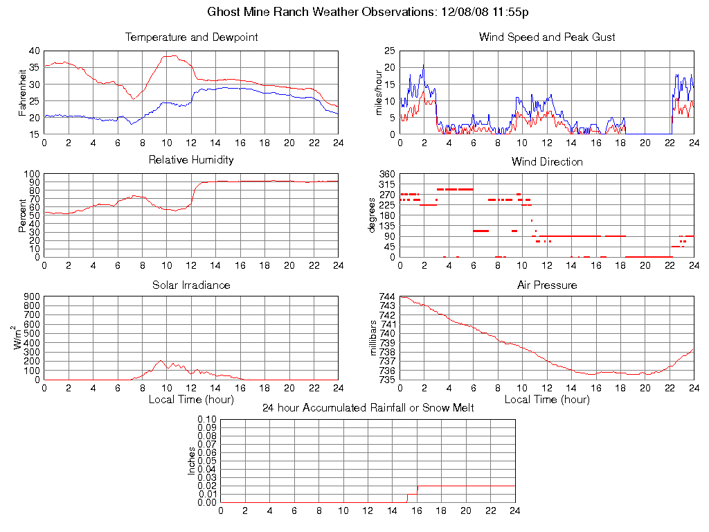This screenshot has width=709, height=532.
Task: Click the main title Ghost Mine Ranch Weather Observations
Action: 368,12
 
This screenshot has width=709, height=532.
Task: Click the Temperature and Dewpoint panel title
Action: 191,37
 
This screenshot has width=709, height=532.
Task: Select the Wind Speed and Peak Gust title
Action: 547,37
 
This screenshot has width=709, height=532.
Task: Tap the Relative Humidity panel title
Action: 191,160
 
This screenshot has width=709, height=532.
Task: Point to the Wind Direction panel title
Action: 547,162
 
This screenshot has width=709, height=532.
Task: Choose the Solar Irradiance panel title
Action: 191,285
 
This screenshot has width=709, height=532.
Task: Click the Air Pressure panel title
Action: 547,285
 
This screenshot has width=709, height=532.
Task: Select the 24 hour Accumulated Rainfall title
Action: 368,408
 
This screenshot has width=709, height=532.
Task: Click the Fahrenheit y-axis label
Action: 23,92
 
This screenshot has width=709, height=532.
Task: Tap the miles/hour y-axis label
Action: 379,92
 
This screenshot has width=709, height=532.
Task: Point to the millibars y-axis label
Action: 374,338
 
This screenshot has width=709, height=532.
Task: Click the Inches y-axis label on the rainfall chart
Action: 192,461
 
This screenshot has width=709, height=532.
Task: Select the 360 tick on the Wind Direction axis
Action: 387,174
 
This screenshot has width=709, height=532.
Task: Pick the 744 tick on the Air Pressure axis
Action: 387,296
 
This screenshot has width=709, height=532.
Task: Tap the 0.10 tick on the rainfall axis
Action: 207,419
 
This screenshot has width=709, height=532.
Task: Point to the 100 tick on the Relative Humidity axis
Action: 31,174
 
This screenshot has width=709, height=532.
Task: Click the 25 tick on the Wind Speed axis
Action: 390,51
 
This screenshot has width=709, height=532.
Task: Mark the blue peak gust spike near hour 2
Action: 424,65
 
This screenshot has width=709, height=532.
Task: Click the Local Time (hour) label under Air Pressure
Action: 547,400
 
